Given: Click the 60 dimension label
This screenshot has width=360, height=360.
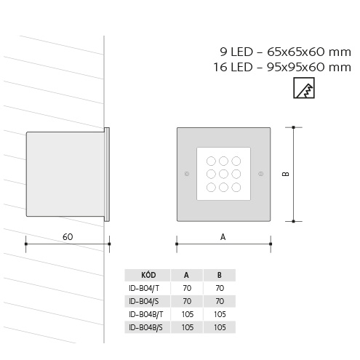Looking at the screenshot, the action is (68, 236).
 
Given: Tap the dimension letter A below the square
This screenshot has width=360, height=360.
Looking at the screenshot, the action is (223, 237).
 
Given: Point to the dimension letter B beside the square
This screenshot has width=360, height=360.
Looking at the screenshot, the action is (286, 174).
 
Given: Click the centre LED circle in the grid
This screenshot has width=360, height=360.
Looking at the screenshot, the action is (223, 174).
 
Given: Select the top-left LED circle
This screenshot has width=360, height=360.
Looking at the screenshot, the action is (211, 161).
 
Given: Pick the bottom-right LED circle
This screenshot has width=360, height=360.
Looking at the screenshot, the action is (236, 187).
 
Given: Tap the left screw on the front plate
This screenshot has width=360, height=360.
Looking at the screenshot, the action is (187, 174).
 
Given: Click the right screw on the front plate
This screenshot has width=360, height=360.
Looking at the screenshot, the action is (261, 174).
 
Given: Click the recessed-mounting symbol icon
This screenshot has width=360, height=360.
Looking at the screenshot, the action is (304, 88).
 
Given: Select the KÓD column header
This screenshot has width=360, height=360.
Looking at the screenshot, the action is (148, 275).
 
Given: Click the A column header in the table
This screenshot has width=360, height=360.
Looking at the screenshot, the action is (186, 275).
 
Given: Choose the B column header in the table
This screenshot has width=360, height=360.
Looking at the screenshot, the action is (220, 275).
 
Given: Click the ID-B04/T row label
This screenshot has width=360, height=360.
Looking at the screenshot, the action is (144, 288).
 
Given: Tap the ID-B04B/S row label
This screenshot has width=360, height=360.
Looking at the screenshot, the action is (145, 327).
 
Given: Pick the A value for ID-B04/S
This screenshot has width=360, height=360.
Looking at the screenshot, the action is (187, 301).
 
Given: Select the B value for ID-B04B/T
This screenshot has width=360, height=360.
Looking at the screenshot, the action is (220, 314).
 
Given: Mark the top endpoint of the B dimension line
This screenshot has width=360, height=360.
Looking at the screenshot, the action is (293, 127).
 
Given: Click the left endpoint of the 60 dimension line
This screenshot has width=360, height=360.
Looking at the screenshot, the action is (26, 244).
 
